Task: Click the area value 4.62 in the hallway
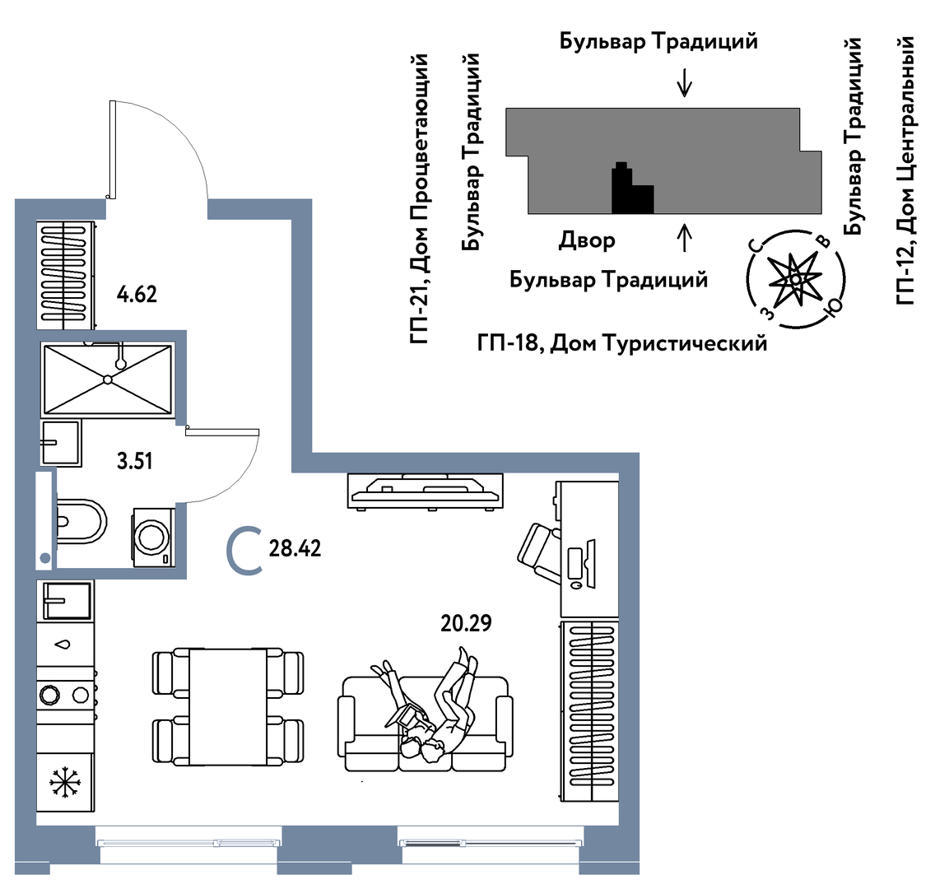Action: [137, 294]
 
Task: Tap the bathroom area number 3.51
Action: [134, 461]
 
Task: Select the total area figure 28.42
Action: [295, 548]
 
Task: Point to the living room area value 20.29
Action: [466, 623]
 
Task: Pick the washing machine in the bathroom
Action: [154, 538]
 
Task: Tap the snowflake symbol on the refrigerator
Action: [65, 783]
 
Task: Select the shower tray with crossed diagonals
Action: [107, 379]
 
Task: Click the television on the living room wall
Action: [426, 491]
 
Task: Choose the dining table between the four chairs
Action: [227, 707]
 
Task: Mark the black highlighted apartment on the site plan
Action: [632, 190]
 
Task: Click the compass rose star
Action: [794, 279]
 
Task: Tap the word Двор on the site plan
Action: [587, 241]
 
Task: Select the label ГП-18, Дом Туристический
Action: [622, 343]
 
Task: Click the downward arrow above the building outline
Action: [685, 83]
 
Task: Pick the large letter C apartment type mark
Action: [244, 550]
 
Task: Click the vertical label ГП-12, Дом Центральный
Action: [905, 170]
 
